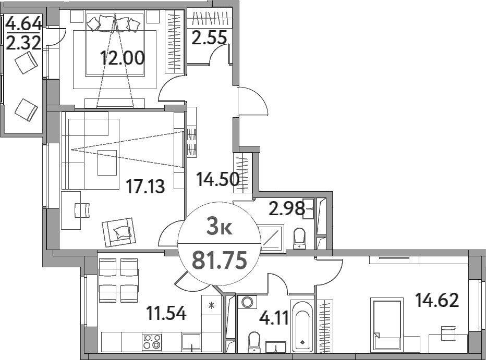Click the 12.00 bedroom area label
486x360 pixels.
pos(123,58)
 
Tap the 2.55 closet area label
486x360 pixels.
pos(209,37)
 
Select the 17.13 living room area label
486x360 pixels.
pos(145,187)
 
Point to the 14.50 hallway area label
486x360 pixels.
pos(218,179)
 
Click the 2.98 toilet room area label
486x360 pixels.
pos(287,208)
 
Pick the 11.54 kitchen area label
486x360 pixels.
pos(166,313)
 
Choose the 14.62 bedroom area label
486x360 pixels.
pos(437,300)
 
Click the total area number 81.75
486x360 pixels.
pos(220,260)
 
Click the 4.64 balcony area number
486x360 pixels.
pos(24,23)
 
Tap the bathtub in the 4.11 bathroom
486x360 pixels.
pos(302,326)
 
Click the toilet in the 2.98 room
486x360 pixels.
pos(299,239)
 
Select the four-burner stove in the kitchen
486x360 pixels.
pos(152,342)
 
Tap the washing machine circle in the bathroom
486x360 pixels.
pos(247,302)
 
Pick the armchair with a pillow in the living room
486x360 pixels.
pos(119,232)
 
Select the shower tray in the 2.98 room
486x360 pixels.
pos(271,237)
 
